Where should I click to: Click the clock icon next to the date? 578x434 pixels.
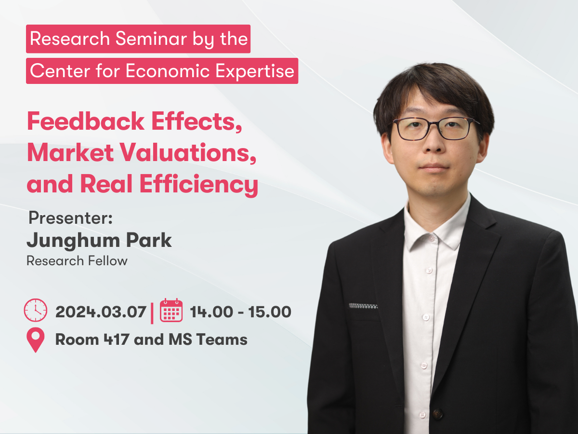[x=36, y=310]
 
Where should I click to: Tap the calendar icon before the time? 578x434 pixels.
[x=171, y=310]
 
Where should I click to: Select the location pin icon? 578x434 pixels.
[x=36, y=339]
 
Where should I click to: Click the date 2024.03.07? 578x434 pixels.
[x=101, y=312]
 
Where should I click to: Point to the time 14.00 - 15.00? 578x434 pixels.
[x=241, y=312]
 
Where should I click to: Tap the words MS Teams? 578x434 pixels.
[x=208, y=339]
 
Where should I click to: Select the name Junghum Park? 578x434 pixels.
[x=99, y=241]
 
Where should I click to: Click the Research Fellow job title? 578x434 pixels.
[x=77, y=261]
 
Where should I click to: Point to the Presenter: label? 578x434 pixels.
[x=71, y=218]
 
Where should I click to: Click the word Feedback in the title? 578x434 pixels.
[x=86, y=121]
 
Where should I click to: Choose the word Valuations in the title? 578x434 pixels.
[x=188, y=153]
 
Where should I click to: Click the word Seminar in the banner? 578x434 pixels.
[x=151, y=39]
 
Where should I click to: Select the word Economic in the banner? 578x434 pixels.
[x=168, y=71]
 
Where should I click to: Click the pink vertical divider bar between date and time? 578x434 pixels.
[x=152, y=313]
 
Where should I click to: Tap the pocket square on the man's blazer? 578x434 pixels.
[x=363, y=306]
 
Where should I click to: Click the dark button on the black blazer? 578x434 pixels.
[x=437, y=413]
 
